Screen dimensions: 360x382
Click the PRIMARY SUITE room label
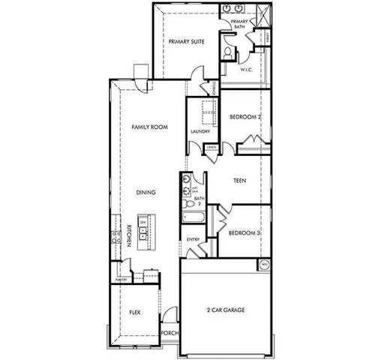click(x=188, y=43)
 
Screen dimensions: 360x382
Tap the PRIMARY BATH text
click(x=239, y=25)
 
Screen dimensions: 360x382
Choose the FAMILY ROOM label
click(x=149, y=128)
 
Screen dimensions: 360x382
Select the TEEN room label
click(x=240, y=181)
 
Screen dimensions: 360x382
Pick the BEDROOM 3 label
click(x=243, y=233)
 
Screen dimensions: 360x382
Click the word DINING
click(x=146, y=193)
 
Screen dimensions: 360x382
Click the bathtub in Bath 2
click(x=191, y=217)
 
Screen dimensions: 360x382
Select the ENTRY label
click(x=192, y=239)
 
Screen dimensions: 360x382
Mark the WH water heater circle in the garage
click(x=263, y=265)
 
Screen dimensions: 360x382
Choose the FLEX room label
click(x=135, y=311)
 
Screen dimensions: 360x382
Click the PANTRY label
click(x=122, y=279)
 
